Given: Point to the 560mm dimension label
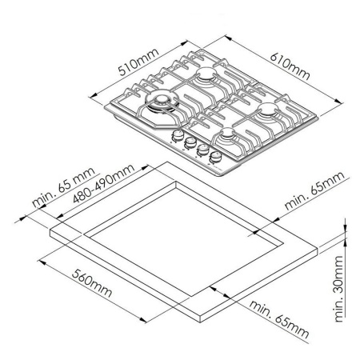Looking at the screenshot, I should (x=90, y=284).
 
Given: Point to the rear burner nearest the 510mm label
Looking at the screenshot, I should (x=207, y=77).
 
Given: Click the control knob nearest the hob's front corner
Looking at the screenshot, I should (x=215, y=157).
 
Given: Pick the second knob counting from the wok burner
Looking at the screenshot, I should (x=190, y=144).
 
